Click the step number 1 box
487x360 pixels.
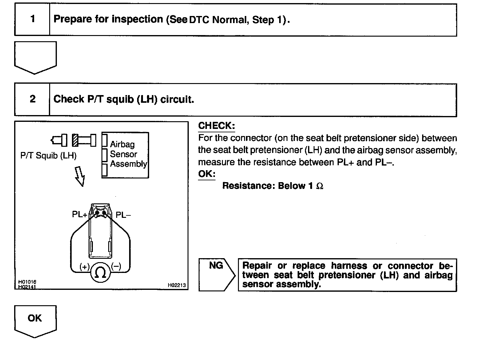click(32, 20)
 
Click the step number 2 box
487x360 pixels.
click(32, 100)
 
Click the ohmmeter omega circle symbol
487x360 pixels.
click(100, 272)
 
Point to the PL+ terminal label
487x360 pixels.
click(80, 214)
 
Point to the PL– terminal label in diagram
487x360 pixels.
click(123, 215)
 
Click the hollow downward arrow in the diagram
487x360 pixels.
click(80, 176)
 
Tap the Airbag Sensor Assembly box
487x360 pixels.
click(125, 155)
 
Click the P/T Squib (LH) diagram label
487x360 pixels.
click(48, 156)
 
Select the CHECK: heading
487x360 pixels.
click(216, 126)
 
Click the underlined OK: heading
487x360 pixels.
click(207, 174)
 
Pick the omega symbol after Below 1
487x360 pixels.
click(320, 186)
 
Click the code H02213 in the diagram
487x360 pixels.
click(176, 285)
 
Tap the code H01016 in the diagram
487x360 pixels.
click(27, 282)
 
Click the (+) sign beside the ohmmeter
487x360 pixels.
click(84, 266)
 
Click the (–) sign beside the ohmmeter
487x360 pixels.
click(116, 266)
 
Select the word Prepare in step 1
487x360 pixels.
click(73, 19)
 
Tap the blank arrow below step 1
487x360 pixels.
click(35, 57)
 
